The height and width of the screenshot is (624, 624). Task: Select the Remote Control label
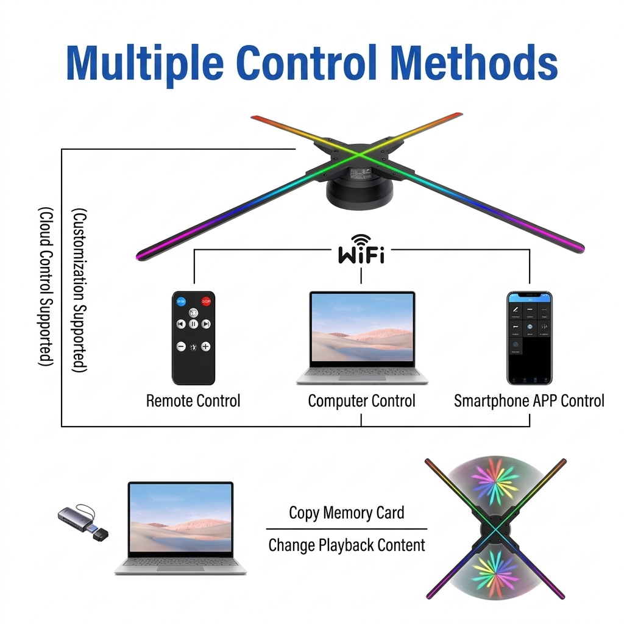(193, 401)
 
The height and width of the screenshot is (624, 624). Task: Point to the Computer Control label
(361, 401)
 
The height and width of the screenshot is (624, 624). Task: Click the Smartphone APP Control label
(529, 401)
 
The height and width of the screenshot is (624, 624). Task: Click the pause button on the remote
(193, 324)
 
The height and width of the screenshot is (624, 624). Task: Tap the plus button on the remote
(206, 347)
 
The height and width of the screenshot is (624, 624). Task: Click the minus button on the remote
(181, 347)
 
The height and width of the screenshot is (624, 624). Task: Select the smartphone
(529, 338)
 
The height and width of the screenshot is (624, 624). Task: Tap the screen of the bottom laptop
(180, 519)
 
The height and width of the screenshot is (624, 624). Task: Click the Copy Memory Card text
(346, 512)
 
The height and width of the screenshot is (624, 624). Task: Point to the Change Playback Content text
(346, 544)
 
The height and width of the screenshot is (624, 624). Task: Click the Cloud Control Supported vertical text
(46, 286)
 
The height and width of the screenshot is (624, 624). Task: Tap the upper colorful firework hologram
(495, 481)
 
